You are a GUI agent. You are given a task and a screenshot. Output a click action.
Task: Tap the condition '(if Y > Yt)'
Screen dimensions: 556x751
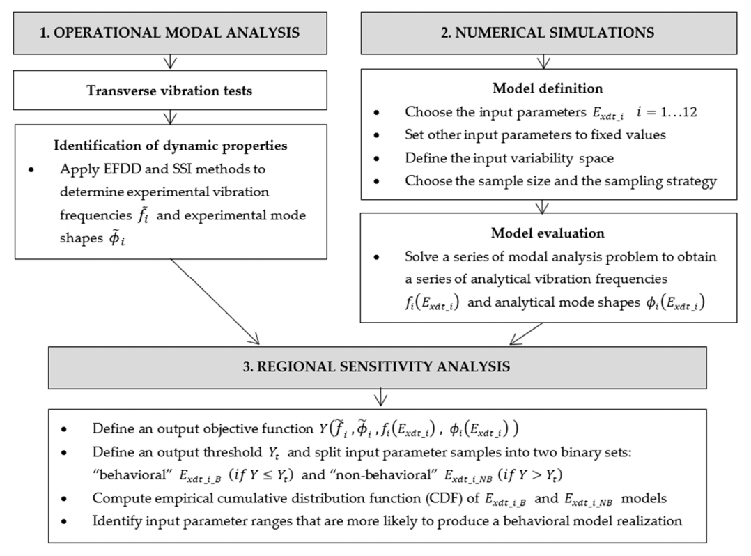coord(575,477)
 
